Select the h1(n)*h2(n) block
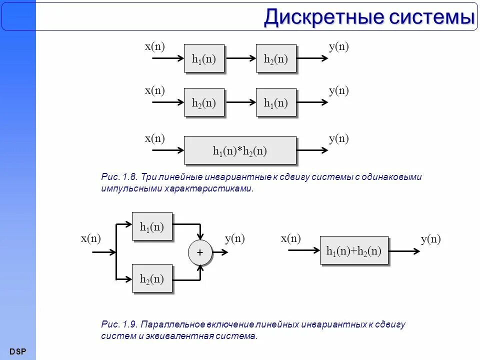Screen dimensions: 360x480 [240, 150]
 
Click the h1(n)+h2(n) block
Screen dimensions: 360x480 [353, 250]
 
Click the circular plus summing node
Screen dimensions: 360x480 [200, 253]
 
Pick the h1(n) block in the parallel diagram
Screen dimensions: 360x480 [152, 226]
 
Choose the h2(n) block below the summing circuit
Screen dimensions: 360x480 [152, 278]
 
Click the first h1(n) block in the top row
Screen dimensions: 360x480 [204, 58]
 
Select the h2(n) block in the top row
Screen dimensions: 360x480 [276, 58]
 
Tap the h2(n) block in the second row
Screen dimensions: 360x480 [204, 102]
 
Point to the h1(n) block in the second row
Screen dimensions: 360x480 [276, 102]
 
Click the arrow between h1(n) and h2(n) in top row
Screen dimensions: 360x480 [240, 58]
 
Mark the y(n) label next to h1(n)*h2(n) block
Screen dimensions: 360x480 [338, 138]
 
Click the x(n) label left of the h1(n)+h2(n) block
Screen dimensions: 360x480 [291, 238]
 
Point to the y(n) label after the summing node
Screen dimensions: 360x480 [234, 238]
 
